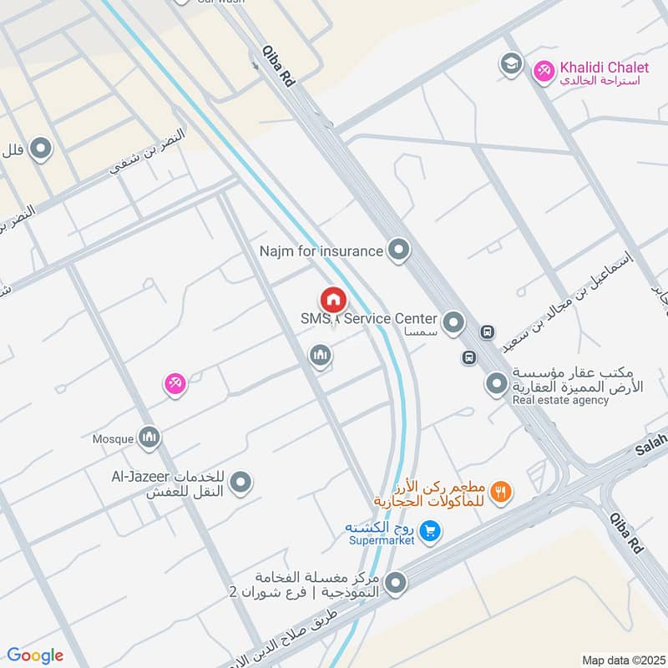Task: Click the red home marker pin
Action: coord(332,300)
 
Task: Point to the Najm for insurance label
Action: coord(321,250)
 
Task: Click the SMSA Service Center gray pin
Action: coord(453,321)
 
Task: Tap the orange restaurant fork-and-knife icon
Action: coord(501,492)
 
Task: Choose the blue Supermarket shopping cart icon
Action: coord(429,530)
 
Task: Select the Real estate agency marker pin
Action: coord(497,384)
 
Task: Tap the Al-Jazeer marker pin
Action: coord(240,482)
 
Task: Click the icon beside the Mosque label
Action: coord(149,437)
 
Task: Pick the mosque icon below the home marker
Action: coord(320,357)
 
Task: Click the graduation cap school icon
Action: coord(510,63)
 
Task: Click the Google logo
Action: coord(35,655)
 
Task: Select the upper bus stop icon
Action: coord(487,332)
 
